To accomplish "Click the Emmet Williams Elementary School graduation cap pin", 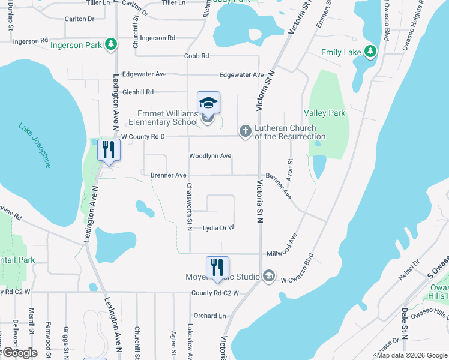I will click(x=208, y=103).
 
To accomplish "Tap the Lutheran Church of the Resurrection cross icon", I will click(x=245, y=131).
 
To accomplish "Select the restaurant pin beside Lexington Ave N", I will click(x=108, y=149).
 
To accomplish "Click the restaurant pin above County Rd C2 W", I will click(x=218, y=268).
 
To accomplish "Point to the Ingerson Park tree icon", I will click(x=110, y=44).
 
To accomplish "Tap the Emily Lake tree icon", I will click(x=371, y=52).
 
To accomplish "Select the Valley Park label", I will click(x=325, y=113).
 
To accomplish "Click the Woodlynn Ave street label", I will click(x=210, y=156).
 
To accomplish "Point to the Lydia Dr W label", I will click(x=218, y=228).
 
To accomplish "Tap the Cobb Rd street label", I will click(x=197, y=56).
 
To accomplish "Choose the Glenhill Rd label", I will click(x=138, y=92).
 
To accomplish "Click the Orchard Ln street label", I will click(x=209, y=316).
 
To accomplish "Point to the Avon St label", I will click(x=290, y=170).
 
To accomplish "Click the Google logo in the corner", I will click(x=20, y=353).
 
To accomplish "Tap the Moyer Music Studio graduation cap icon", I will click(x=269, y=277).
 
